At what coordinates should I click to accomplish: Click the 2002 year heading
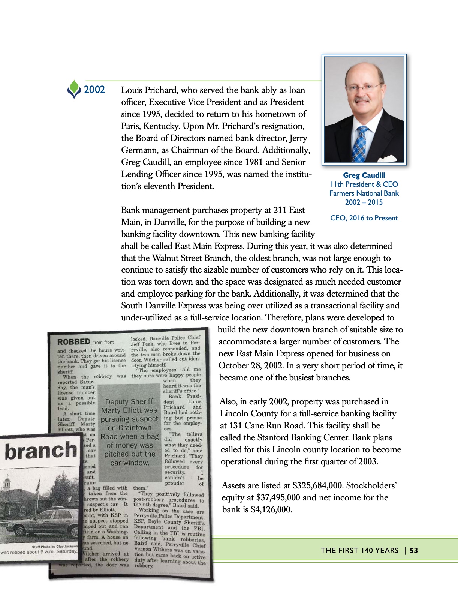pos(94,90)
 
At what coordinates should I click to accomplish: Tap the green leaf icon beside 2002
pos(74,89)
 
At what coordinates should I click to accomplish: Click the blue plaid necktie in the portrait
pos(361,145)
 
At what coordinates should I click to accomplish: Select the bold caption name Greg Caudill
pos(364,175)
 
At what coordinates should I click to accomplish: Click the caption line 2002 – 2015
pos(364,202)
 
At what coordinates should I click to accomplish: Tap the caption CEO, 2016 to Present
pos(364,218)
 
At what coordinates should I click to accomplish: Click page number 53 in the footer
pos(414,550)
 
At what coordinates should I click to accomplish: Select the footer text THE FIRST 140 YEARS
pos(359,550)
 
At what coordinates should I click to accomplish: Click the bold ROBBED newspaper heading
pos(73,342)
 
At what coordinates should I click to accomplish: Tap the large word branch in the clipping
pos(40,450)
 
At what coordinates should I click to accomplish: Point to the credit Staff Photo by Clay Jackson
pos(54,547)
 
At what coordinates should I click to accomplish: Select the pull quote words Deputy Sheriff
pos(129,402)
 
